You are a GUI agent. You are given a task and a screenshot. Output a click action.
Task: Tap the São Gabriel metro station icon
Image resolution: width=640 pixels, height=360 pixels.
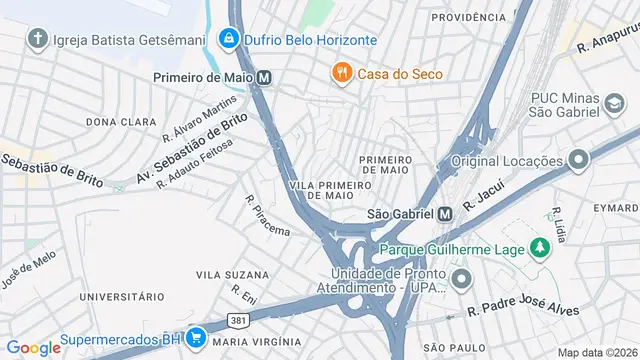click(x=446, y=213)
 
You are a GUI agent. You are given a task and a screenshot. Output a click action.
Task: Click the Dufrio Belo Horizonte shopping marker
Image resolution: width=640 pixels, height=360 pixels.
click(x=230, y=40)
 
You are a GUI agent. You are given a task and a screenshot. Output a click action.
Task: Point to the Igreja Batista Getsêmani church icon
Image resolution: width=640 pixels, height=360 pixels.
click(x=38, y=40)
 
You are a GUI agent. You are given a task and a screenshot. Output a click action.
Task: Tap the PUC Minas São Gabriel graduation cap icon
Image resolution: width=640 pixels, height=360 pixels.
click(x=611, y=103)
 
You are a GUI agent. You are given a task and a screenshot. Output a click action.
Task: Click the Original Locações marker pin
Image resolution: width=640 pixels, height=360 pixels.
click(x=577, y=160)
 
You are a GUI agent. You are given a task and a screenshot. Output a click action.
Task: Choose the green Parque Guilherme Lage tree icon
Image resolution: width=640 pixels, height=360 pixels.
click(x=540, y=247)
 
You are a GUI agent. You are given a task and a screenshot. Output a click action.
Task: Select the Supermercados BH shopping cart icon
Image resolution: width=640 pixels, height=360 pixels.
click(x=196, y=337)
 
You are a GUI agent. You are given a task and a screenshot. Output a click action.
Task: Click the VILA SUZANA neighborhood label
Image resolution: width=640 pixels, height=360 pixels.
click(x=232, y=274)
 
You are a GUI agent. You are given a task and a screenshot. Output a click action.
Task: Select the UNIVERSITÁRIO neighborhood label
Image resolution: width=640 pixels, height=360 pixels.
click(x=121, y=297)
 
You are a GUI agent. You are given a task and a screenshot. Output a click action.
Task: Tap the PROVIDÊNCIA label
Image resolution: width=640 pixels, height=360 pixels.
click(x=469, y=17)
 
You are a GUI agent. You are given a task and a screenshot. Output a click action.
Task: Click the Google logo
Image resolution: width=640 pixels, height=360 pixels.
click(x=33, y=347)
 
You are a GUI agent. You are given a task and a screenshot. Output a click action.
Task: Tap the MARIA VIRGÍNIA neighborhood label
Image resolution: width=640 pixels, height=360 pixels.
click(x=255, y=342)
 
